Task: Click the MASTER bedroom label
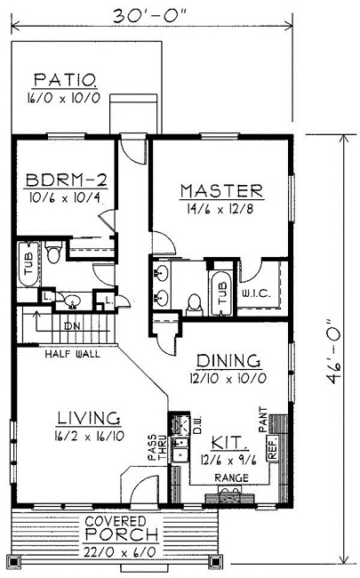(x=221, y=190)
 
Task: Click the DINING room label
(x=228, y=361)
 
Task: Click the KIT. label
(x=227, y=441)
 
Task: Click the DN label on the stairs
(x=72, y=326)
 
